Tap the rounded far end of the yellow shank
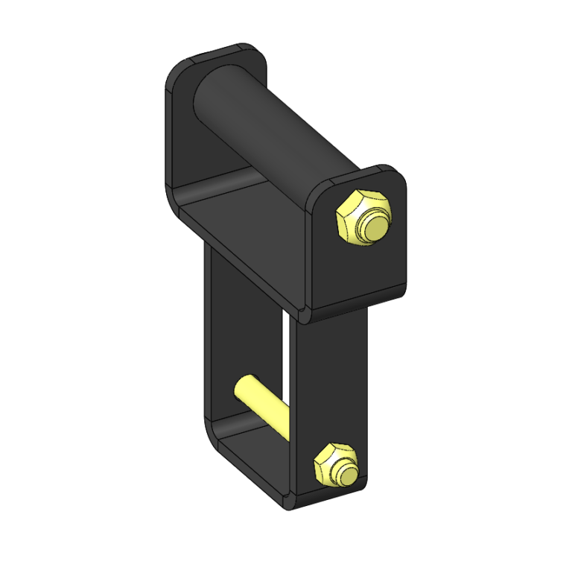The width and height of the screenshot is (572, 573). point(241,386)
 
